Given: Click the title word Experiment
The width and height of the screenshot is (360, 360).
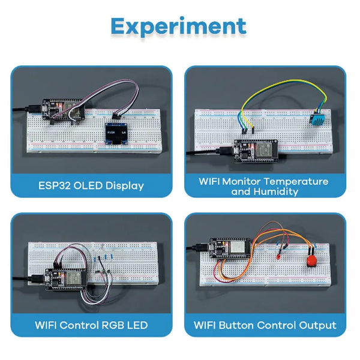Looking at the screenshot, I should coord(178,26).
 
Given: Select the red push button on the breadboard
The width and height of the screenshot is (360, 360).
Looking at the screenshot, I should coord(311,262).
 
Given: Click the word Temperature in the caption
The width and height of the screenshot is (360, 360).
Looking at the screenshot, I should coord(298,181).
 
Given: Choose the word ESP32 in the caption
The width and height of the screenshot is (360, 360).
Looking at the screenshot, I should coord(53,185).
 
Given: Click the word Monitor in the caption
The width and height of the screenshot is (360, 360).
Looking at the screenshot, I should coord(247,181).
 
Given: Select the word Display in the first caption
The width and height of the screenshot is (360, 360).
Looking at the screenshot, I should coord(124,185).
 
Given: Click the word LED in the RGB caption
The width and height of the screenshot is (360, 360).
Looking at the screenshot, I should coord(137,325).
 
